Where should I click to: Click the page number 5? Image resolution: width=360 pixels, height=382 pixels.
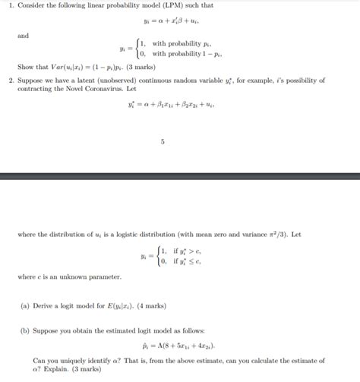(162, 141)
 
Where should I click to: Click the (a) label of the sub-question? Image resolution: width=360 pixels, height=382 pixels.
(25, 307)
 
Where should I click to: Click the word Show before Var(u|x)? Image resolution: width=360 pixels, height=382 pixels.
(24, 66)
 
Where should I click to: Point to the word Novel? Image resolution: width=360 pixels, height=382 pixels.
(90, 89)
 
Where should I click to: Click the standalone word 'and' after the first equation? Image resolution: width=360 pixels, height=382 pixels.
(22, 35)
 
